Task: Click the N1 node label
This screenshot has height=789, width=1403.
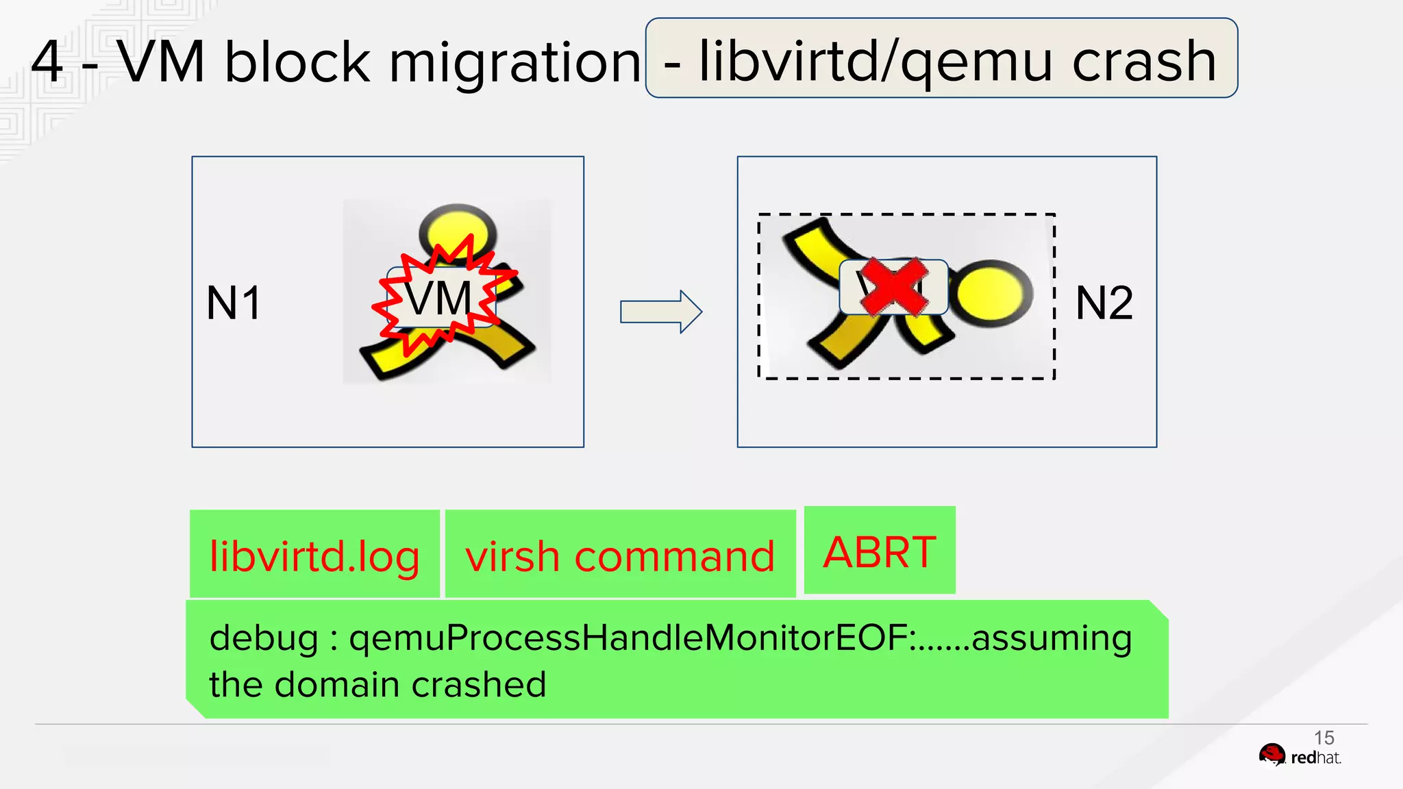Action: point(234,303)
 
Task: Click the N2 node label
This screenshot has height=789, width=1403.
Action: point(1104,303)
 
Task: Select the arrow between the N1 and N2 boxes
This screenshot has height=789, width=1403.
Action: point(660,312)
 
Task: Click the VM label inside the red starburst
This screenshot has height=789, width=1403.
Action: point(438,299)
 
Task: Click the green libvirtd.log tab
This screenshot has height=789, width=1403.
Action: point(314,555)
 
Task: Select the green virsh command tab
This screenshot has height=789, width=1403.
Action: point(620,555)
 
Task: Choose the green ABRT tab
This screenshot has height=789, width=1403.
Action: point(880,551)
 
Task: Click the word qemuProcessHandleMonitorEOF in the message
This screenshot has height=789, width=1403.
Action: point(628,638)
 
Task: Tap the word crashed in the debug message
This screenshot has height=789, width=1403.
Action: point(479,684)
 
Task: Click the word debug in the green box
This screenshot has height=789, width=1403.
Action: point(264,638)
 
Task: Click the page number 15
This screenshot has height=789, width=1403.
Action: point(1324,738)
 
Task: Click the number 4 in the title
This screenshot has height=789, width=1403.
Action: point(47,62)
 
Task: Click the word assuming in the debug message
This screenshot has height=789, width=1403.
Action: point(1052,638)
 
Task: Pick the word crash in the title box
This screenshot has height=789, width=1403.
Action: point(1144,61)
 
